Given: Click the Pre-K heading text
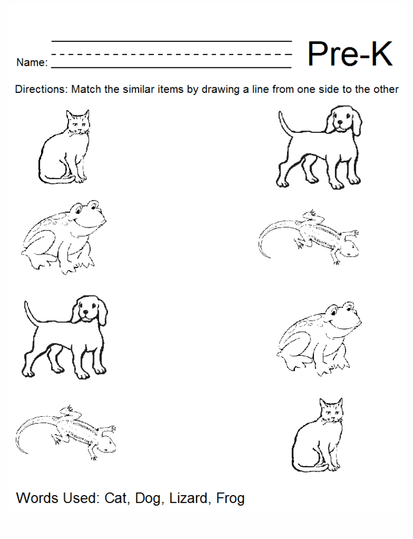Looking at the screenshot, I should (350, 54).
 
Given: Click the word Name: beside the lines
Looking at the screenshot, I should (32, 63).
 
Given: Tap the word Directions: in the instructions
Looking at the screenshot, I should (41, 90).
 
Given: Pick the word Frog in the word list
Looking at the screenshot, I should (230, 498).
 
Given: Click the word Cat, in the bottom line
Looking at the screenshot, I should (116, 498).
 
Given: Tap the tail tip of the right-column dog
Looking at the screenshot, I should (281, 115).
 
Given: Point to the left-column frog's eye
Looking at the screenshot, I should (91, 204).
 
